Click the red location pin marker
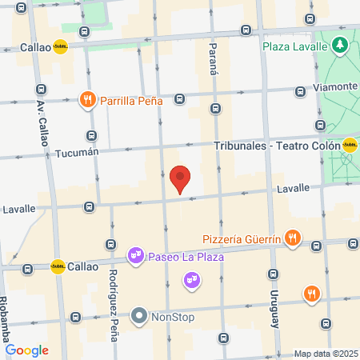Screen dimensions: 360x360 coord(181,179)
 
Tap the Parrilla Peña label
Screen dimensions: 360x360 coord(131,101)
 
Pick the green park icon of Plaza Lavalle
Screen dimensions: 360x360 coord(340,45)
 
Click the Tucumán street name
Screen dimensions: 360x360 coord(77,151)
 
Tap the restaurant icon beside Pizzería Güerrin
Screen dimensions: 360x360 coord(294,237)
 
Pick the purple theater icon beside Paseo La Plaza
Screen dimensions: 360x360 coord(137,256)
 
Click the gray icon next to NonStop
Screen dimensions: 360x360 coord(140,316)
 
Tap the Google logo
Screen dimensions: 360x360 coord(26,350)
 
